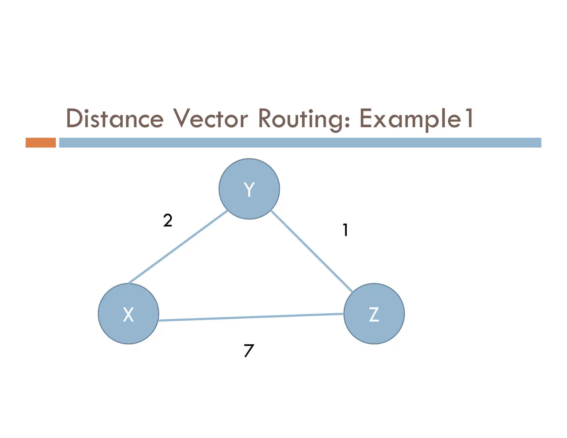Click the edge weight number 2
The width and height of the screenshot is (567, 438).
[x=167, y=221]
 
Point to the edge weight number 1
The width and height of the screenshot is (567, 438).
[x=345, y=230]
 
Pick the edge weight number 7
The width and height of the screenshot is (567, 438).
[x=249, y=351]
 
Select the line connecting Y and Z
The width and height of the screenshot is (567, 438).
[x=311, y=251]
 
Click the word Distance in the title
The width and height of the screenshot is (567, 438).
[x=115, y=118]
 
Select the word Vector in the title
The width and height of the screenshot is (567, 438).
[x=210, y=118]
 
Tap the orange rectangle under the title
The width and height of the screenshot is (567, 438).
[x=41, y=143]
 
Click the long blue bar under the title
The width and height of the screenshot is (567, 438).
[x=300, y=143]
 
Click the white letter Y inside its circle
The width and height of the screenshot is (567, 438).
[x=249, y=189]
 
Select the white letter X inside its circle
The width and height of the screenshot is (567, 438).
[x=128, y=315]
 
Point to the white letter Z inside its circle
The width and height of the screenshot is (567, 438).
[x=374, y=315]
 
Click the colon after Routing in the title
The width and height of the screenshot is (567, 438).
[x=348, y=122]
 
